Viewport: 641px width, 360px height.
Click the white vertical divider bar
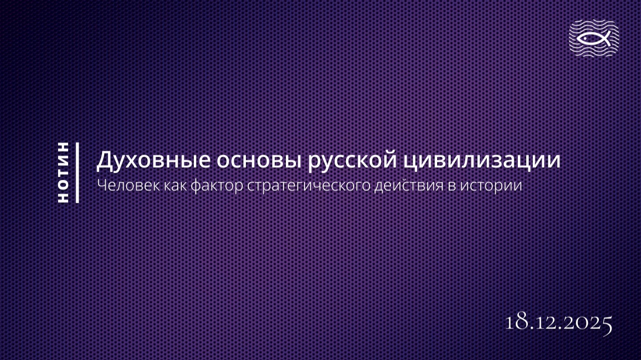pyautogui.click(x=77, y=173)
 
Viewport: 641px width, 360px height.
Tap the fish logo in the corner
pyautogui.click(x=594, y=38)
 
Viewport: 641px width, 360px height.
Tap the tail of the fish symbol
pyautogui.click(x=606, y=38)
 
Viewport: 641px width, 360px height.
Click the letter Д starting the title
pyautogui.click(x=104, y=161)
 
